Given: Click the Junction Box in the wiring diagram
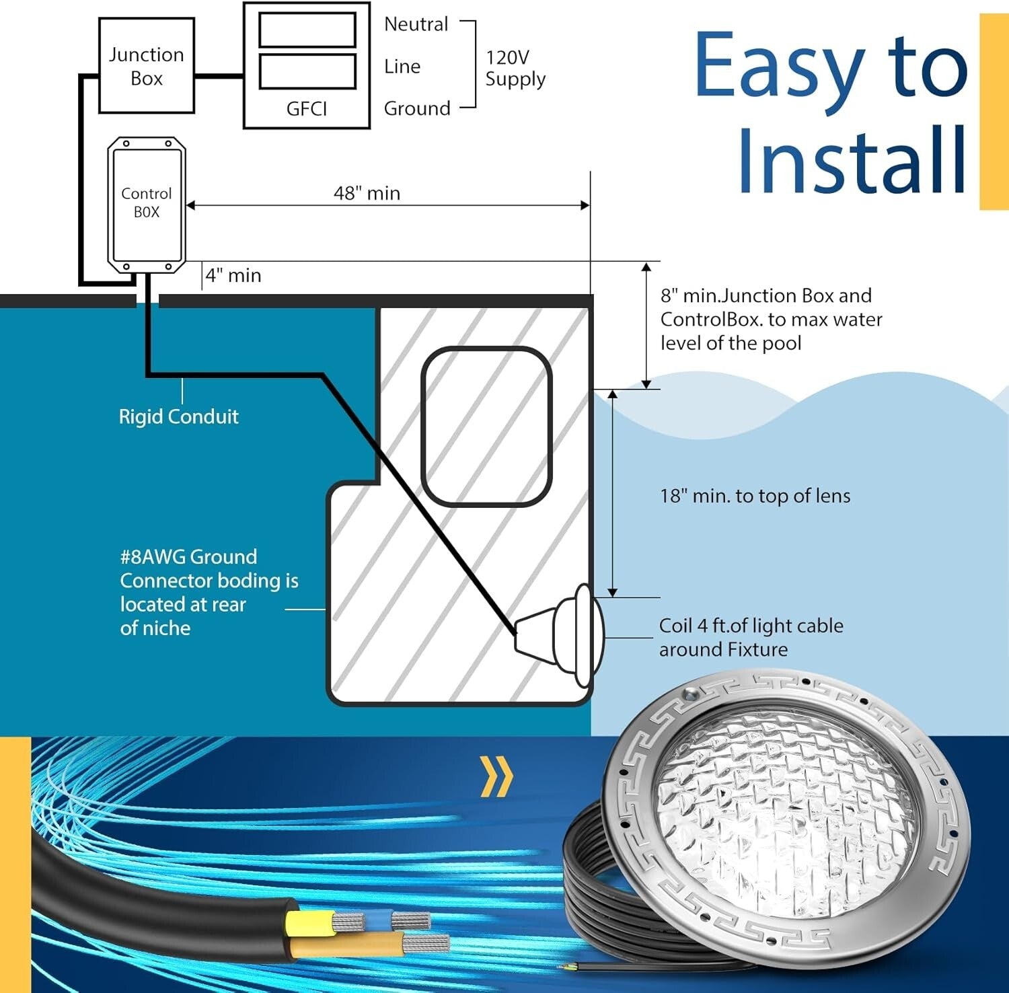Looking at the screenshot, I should tap(147, 66).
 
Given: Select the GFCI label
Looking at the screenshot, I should tap(307, 108).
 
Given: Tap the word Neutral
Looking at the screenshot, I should tap(416, 24).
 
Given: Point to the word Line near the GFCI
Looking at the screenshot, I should tap(402, 67).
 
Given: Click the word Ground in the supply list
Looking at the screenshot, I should tap(417, 108).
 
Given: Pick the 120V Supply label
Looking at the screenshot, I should tap(515, 68).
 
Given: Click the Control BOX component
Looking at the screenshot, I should tap(147, 205).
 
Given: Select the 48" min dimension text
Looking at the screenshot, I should tap(367, 193).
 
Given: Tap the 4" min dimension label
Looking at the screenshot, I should tap(233, 275).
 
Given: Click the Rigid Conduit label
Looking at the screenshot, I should tap(178, 416).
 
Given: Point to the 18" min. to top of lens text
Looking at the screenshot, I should tap(755, 496).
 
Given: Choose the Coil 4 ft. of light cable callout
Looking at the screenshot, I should tap(751, 637).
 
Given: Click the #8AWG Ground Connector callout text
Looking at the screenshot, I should tap(209, 592).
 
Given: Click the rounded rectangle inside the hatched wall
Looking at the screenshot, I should tap(486, 426).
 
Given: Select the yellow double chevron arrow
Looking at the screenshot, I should tap(497, 776).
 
